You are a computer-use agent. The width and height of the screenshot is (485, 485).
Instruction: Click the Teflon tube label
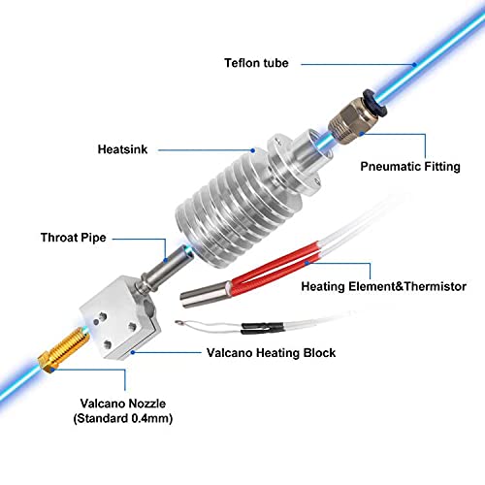click(x=256, y=63)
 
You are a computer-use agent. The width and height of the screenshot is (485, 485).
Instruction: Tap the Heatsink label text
click(x=122, y=149)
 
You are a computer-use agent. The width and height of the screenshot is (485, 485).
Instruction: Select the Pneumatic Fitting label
click(x=410, y=167)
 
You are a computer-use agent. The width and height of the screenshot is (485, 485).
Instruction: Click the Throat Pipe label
click(x=74, y=238)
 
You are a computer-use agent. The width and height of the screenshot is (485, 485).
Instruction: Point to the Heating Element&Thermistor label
click(x=384, y=286)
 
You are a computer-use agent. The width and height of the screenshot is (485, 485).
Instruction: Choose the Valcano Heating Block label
click(x=271, y=353)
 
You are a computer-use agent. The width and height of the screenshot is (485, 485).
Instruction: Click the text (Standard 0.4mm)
click(x=123, y=418)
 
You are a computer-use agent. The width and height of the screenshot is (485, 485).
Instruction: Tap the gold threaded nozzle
click(x=63, y=350)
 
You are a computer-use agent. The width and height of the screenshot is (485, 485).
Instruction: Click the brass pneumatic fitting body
click(x=348, y=120)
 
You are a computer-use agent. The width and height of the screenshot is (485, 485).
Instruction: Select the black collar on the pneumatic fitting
click(x=375, y=103)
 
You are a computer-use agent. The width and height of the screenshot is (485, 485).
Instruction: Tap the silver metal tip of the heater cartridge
click(x=204, y=295)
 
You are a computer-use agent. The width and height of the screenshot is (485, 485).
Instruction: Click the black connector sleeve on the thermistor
click(x=263, y=328)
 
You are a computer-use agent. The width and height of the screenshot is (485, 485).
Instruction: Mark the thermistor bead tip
click(x=178, y=322)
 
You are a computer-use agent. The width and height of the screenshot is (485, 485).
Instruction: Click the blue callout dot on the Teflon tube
click(x=414, y=65)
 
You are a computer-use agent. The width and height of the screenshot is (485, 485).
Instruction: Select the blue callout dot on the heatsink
click(x=253, y=150)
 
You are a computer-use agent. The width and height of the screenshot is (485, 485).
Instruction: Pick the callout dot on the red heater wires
click(x=307, y=263)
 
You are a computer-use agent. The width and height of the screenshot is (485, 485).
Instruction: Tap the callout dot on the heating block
click(x=133, y=352)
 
